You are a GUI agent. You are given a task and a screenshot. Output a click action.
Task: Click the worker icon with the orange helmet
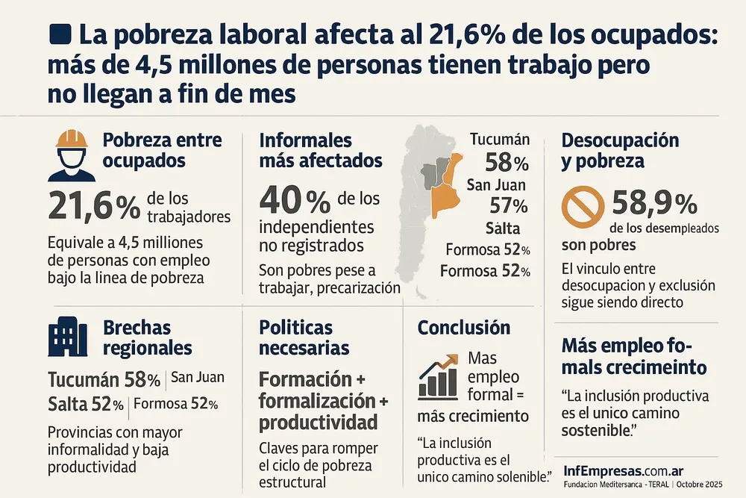(71, 155)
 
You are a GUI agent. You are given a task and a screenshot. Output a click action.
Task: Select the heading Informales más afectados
(320, 150)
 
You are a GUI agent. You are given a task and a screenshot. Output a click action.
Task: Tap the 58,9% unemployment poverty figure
(654, 203)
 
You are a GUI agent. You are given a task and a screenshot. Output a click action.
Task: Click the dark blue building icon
(67, 336)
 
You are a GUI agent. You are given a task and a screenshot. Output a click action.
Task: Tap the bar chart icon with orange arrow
(439, 376)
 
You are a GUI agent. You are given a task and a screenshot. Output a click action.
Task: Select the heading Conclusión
(463, 328)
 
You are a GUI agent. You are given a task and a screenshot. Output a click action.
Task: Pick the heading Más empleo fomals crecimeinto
(634, 357)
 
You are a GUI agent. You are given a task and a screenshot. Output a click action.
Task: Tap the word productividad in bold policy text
(318, 423)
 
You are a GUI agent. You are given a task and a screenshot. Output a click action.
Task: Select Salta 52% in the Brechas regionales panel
(86, 405)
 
